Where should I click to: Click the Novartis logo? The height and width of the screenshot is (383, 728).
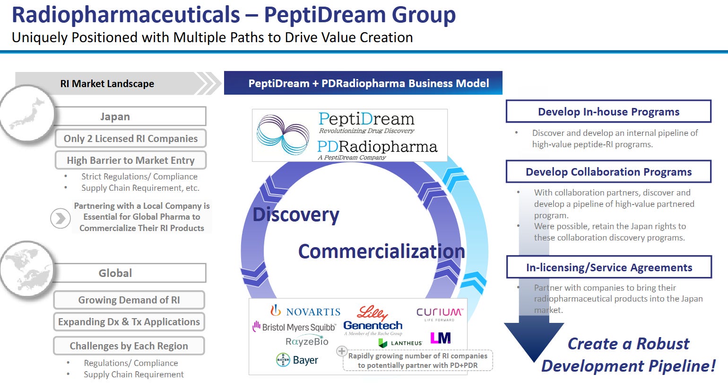click(x=305, y=311)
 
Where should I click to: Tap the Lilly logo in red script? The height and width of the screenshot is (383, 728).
click(x=372, y=312)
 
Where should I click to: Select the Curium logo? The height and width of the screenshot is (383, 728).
click(x=439, y=313)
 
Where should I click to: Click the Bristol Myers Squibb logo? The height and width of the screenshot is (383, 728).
click(x=294, y=327)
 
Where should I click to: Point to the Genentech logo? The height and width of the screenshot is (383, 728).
click(x=373, y=326)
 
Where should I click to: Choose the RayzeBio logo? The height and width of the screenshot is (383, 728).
click(x=307, y=341)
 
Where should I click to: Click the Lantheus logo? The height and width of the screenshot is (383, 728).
click(x=400, y=343)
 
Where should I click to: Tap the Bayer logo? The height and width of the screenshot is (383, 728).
click(x=297, y=360)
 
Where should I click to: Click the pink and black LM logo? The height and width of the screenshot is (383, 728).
click(x=440, y=338)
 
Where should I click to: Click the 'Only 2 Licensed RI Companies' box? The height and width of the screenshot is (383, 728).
click(x=130, y=139)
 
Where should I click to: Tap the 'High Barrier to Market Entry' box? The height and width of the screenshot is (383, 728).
click(x=130, y=160)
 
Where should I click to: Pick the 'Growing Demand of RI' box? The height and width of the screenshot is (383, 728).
click(x=129, y=300)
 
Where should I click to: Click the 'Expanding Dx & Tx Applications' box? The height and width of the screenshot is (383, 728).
click(x=129, y=322)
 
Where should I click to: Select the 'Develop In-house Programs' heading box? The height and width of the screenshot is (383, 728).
click(x=608, y=112)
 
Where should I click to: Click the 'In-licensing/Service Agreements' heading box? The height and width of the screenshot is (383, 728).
click(x=609, y=267)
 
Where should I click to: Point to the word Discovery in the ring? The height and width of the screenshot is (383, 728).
click(x=296, y=214)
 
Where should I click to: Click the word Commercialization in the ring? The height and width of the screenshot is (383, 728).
click(x=381, y=251)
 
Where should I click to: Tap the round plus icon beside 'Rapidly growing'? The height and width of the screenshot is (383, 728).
click(x=341, y=352)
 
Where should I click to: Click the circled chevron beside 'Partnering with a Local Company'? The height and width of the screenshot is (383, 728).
click(x=61, y=218)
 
